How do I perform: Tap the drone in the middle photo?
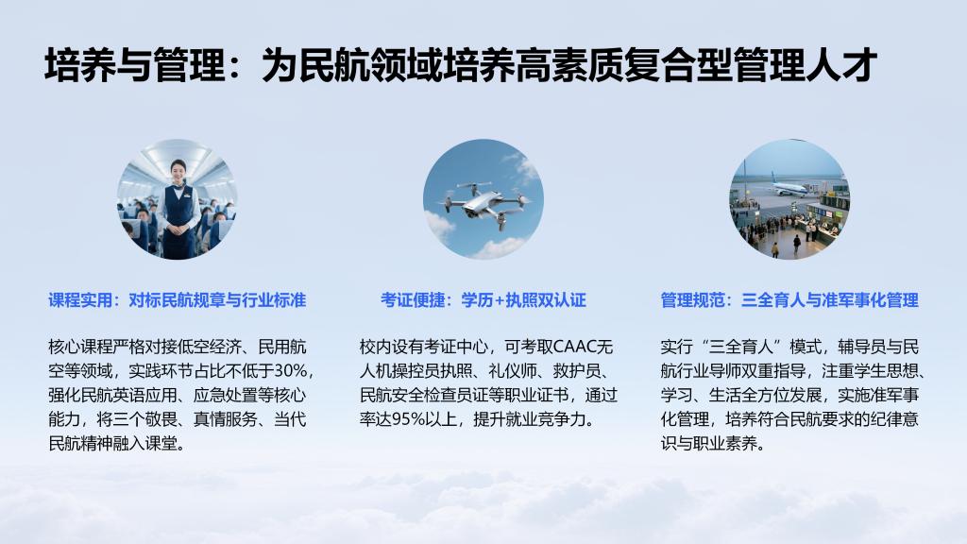tap(483, 203)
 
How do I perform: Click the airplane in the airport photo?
tap(777, 187)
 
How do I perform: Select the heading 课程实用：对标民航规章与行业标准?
tap(178, 300)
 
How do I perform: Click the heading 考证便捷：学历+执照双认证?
tap(483, 300)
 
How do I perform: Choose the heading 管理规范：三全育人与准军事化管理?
tap(789, 300)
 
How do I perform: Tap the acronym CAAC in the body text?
tap(575, 347)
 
